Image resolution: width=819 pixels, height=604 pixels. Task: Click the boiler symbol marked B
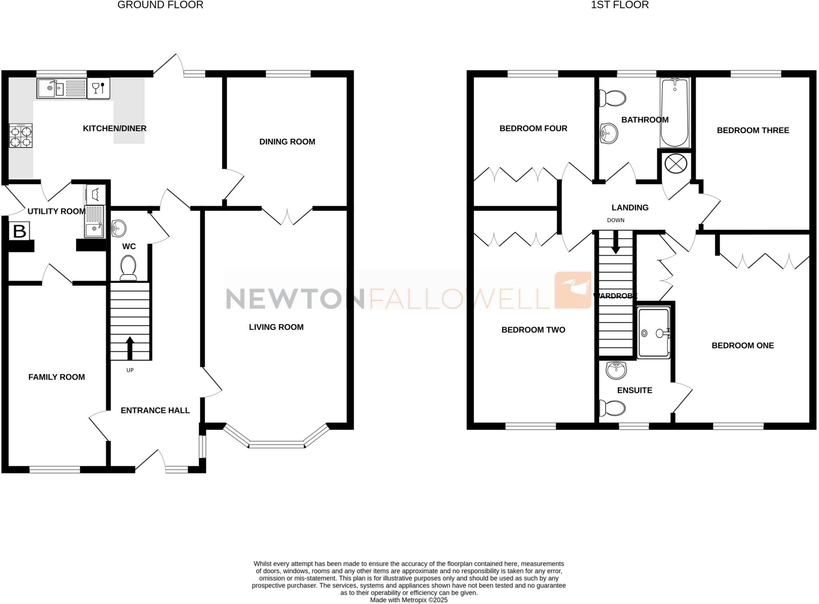pos(20,231)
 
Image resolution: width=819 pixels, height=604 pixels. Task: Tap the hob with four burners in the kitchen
pos(21,136)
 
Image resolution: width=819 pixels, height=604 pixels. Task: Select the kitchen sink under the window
pos(61,88)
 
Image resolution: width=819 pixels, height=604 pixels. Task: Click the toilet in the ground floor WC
pos(128,267)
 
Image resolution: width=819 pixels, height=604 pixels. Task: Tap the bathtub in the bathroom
pos(675,112)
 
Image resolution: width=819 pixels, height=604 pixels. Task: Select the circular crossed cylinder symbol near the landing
pos(675,164)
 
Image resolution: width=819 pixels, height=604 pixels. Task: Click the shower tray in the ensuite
pos(653,332)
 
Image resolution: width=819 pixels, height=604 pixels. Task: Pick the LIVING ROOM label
pos(276,327)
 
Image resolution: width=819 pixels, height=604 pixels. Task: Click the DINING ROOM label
pos(287,142)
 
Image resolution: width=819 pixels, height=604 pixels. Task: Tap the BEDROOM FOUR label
pos(533,128)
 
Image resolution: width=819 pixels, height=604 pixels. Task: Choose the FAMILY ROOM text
pos(56,377)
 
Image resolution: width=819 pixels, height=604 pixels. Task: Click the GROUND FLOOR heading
pos(160,5)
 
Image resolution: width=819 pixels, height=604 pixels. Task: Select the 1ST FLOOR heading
pos(619,5)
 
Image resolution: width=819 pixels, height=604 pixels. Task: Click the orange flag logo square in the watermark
pos(573,290)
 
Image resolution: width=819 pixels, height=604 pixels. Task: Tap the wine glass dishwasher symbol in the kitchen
pos(98,88)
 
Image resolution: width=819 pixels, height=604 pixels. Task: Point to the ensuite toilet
pos(612,408)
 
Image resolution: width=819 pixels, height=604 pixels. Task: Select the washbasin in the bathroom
pos(609,133)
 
